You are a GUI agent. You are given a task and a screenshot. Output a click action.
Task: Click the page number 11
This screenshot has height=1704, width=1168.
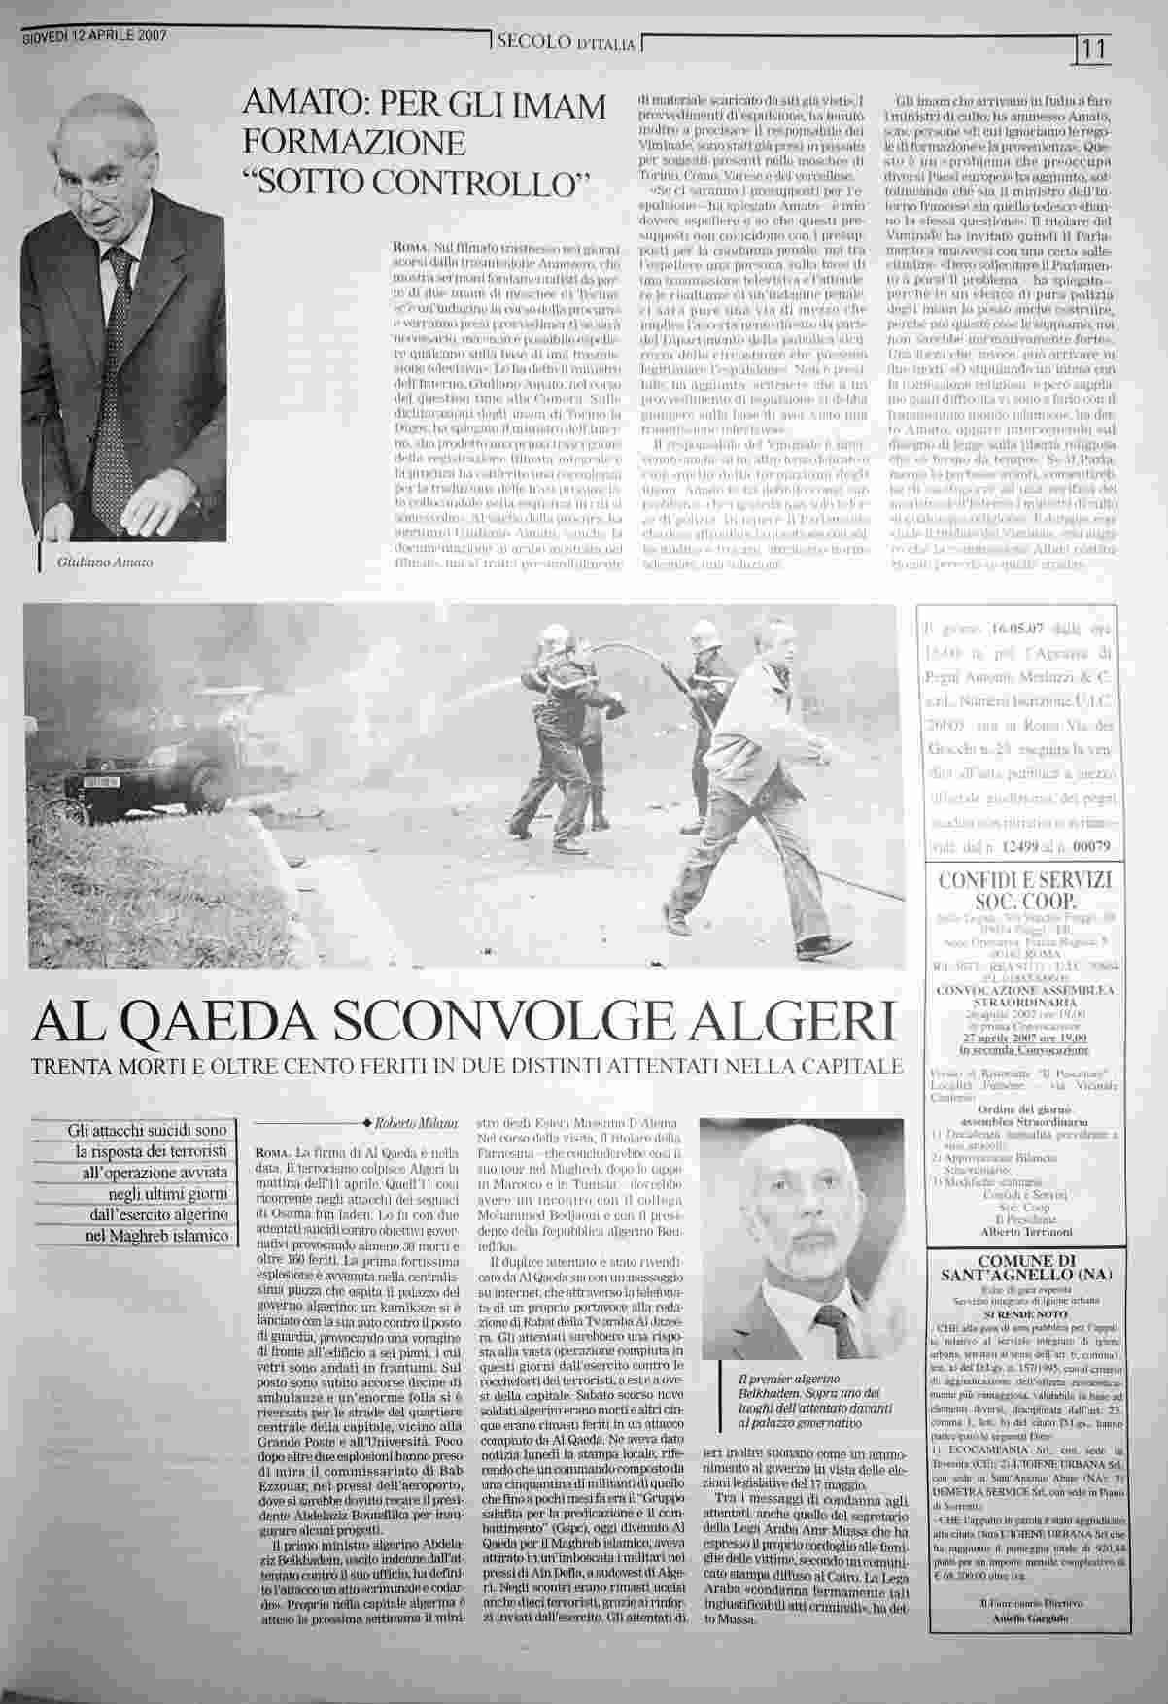pyautogui.click(x=1095, y=48)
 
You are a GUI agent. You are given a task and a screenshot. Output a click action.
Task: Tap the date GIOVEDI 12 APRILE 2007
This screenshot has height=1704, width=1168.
pyautogui.click(x=94, y=36)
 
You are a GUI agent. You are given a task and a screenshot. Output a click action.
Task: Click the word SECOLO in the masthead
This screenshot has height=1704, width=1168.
pyautogui.click(x=531, y=42)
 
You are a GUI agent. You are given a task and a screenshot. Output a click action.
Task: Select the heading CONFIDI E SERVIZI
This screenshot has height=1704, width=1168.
pyautogui.click(x=1023, y=880)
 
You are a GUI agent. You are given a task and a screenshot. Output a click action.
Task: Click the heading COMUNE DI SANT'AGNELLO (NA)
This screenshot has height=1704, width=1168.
pyautogui.click(x=1023, y=1267)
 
